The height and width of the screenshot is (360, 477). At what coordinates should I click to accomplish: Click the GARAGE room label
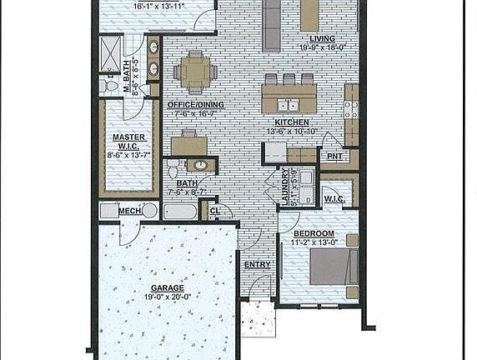[x=168, y=287]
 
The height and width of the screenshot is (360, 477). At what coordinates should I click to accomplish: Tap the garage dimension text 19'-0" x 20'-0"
[x=168, y=297]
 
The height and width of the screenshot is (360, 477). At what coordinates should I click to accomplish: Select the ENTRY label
[x=256, y=264]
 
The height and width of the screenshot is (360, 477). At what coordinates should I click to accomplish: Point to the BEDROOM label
[x=314, y=233]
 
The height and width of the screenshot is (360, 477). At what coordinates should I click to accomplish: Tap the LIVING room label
[x=322, y=39]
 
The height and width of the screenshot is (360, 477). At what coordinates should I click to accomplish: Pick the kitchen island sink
[x=288, y=106]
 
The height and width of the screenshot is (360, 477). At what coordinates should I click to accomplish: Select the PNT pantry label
[x=335, y=156]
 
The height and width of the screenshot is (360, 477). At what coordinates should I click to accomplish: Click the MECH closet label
[x=129, y=211]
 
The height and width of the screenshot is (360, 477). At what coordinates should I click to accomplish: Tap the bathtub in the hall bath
[x=180, y=211]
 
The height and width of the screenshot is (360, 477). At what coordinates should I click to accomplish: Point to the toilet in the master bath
[x=108, y=86]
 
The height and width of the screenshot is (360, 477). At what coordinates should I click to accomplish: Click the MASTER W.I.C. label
[x=129, y=142]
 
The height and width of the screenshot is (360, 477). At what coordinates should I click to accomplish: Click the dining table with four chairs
[x=196, y=71]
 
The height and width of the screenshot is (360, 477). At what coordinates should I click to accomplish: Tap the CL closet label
[x=215, y=211]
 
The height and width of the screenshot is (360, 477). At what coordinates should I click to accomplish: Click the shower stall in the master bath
[x=110, y=52]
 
